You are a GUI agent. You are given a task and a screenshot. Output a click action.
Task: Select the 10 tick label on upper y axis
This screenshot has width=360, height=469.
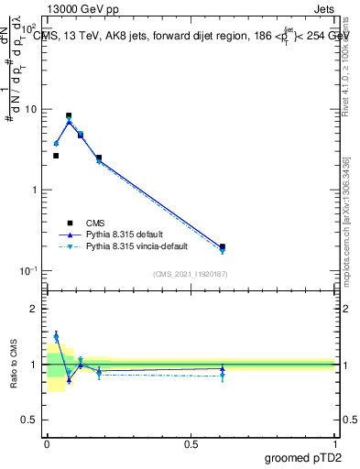(x=32, y=110)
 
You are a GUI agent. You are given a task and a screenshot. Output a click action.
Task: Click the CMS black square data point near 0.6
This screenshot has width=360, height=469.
(x=223, y=246)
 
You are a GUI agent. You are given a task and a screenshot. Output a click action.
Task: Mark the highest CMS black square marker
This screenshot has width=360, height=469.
(x=69, y=116)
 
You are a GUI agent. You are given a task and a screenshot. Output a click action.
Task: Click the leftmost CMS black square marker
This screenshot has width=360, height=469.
(x=56, y=156)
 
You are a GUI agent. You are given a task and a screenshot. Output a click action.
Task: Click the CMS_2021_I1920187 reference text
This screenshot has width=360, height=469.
(x=191, y=274)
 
